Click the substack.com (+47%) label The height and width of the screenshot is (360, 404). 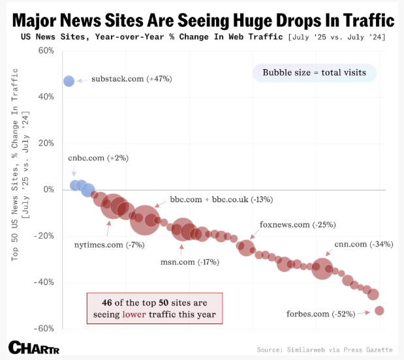coord(131,79)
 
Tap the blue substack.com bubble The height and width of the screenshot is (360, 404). coord(69,81)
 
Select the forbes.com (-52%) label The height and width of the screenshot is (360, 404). coord(320,314)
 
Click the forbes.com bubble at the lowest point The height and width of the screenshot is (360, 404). coord(379,310)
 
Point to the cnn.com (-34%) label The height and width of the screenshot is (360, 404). coord(363,245)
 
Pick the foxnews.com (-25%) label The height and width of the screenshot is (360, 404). coord(298,225)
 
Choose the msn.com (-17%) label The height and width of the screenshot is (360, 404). coord(190,262)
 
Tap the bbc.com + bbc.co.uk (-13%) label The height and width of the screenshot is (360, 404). coord(221,200)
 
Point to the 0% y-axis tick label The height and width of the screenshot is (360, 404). coord(47,189)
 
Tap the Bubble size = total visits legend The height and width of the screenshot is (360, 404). coord(314,72)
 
